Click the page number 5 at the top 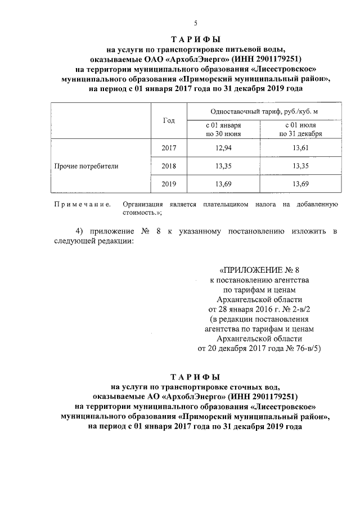click(195, 22)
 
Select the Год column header click(169, 121)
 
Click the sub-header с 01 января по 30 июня click(223, 130)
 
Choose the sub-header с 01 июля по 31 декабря click(300, 130)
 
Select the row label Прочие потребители click(86, 166)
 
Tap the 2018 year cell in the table click(169, 166)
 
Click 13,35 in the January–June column click(223, 166)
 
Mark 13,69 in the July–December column click(300, 184)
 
